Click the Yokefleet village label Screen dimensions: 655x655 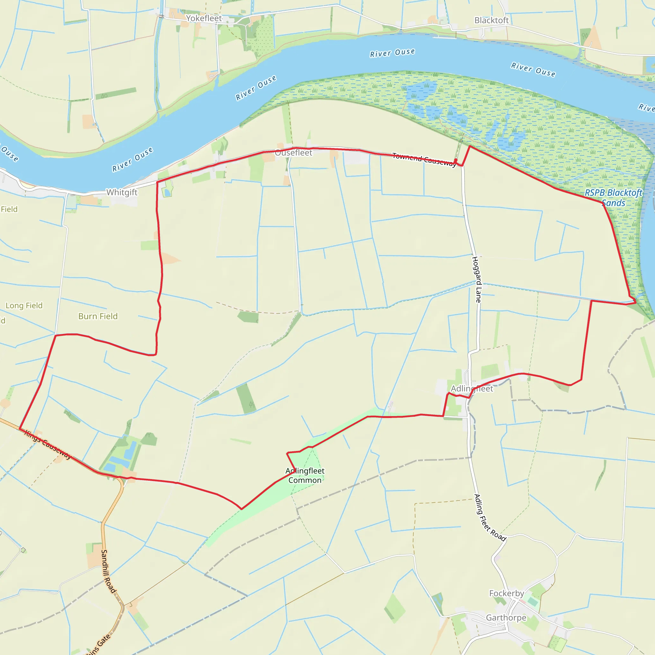(x=204, y=18)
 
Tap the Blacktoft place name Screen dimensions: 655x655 (x=491, y=20)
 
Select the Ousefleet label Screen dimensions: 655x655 (x=293, y=153)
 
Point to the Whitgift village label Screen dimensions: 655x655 (x=122, y=192)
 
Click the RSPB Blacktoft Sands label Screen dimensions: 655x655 (x=613, y=198)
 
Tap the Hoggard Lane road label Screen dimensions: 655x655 (x=476, y=280)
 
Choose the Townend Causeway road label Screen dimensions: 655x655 (x=424, y=160)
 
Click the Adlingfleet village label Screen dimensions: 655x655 (x=472, y=389)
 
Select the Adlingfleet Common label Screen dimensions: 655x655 (x=305, y=475)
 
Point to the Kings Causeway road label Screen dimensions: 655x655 (x=48, y=445)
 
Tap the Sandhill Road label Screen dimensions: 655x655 (x=108, y=571)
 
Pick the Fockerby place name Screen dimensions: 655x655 (x=507, y=593)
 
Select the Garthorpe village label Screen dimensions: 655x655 (x=506, y=618)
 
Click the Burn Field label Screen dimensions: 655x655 (x=98, y=316)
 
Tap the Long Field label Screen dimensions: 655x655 (x=24, y=305)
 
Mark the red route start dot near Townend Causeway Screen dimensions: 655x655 (x=456, y=160)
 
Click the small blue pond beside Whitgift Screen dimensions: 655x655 (x=167, y=193)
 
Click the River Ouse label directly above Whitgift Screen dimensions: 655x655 (x=132, y=159)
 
